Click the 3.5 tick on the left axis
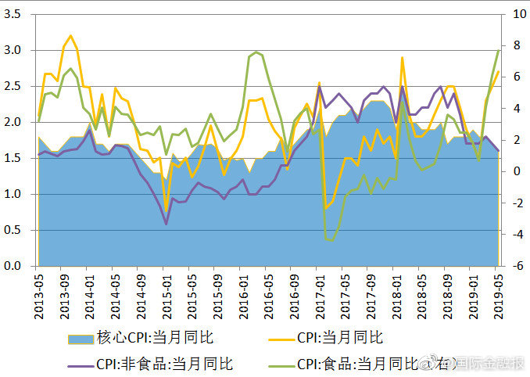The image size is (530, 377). pyautogui.click(x=14, y=14)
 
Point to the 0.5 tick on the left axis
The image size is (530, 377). pyautogui.click(x=14, y=230)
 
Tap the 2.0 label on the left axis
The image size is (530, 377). pyautogui.click(x=14, y=122)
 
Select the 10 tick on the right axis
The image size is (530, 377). pyautogui.click(x=515, y=14)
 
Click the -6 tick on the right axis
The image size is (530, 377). pyautogui.click(x=515, y=266)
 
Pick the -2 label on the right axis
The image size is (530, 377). pyautogui.click(x=515, y=203)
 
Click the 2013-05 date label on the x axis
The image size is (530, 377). pyautogui.click(x=38, y=291)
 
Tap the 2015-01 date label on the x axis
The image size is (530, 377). pyautogui.click(x=166, y=291)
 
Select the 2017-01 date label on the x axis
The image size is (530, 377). pyautogui.click(x=319, y=291)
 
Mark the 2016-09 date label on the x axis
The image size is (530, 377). pyautogui.click(x=293, y=291)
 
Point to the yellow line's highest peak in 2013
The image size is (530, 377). pyautogui.click(x=70, y=35)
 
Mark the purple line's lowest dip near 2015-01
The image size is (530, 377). pyautogui.click(x=166, y=224)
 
